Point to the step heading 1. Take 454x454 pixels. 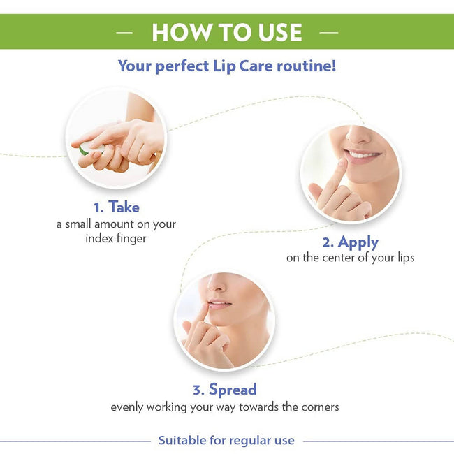[x=116, y=207]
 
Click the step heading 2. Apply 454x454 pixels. [x=350, y=242]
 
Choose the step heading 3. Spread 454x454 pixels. [x=224, y=389]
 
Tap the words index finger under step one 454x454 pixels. [x=116, y=239]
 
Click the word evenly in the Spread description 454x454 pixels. [x=129, y=407]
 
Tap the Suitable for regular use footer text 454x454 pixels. [x=226, y=440]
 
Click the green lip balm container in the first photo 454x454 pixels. [x=84, y=149]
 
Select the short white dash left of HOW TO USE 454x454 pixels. [x=124, y=32]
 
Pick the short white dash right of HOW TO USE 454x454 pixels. [x=328, y=32]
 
